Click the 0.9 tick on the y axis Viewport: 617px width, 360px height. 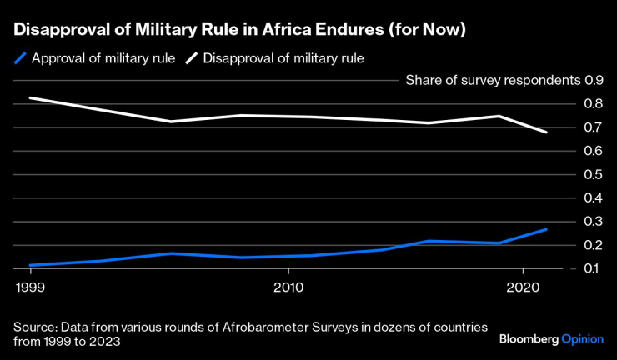[x=594, y=81]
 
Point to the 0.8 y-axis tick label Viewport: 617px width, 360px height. [x=594, y=104]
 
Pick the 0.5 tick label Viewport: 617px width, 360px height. [x=594, y=175]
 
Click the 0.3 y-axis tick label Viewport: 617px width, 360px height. [x=594, y=222]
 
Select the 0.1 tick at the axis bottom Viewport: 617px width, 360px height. [x=594, y=268]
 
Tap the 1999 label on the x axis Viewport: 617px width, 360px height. [x=29, y=287]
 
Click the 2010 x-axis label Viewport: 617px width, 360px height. [x=288, y=287]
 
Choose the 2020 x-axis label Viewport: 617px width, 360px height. [x=522, y=287]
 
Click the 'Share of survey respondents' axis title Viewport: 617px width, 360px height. [x=492, y=81]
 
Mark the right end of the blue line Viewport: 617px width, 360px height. [x=546, y=229]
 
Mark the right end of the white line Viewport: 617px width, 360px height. [x=546, y=132]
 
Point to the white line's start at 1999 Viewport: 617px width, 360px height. [x=29, y=98]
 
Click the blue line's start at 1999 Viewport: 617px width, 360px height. [x=29, y=265]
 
